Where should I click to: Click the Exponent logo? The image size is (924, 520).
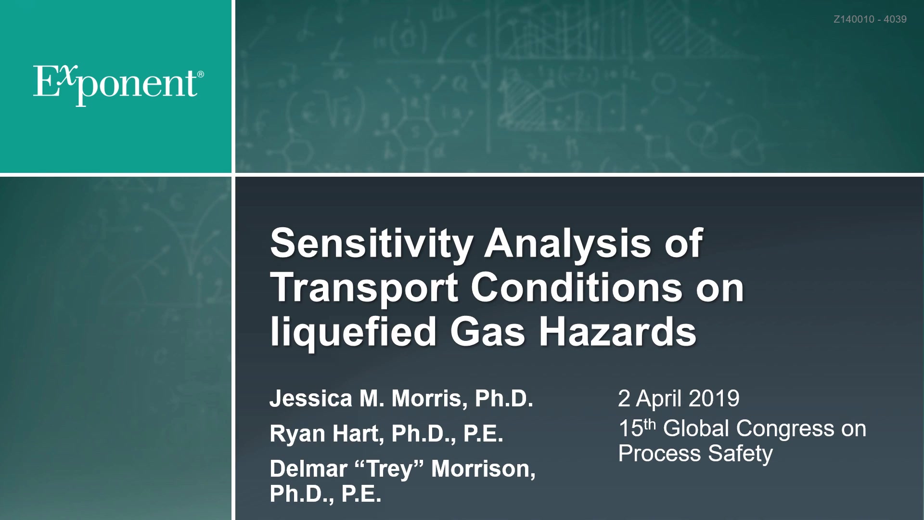[x=118, y=85]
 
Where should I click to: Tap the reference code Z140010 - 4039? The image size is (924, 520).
[x=870, y=19]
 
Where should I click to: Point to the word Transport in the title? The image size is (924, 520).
[x=364, y=288]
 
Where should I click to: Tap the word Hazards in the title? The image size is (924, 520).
[x=617, y=332]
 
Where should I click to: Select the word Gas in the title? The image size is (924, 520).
[x=488, y=332]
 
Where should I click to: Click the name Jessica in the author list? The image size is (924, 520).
[x=311, y=399]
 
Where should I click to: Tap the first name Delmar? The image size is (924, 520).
[x=308, y=469]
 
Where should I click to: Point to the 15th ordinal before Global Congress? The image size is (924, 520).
[x=637, y=428]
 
